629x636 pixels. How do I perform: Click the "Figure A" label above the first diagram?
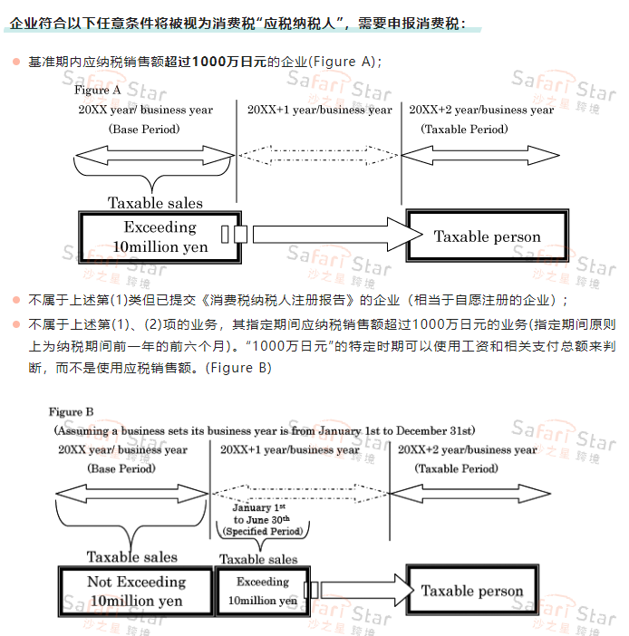pos(98,90)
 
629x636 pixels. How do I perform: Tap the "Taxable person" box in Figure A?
pos(487,236)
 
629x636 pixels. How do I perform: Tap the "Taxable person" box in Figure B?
pos(472,591)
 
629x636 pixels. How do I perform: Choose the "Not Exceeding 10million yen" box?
pos(135,591)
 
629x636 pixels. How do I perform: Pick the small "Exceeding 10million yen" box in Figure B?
pos(262,591)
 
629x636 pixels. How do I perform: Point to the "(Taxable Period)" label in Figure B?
pos(456,468)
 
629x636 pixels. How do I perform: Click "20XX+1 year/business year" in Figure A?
pos(320,110)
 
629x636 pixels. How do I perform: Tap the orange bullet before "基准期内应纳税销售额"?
pos(15,62)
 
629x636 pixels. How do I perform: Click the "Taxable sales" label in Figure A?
pos(155,203)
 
